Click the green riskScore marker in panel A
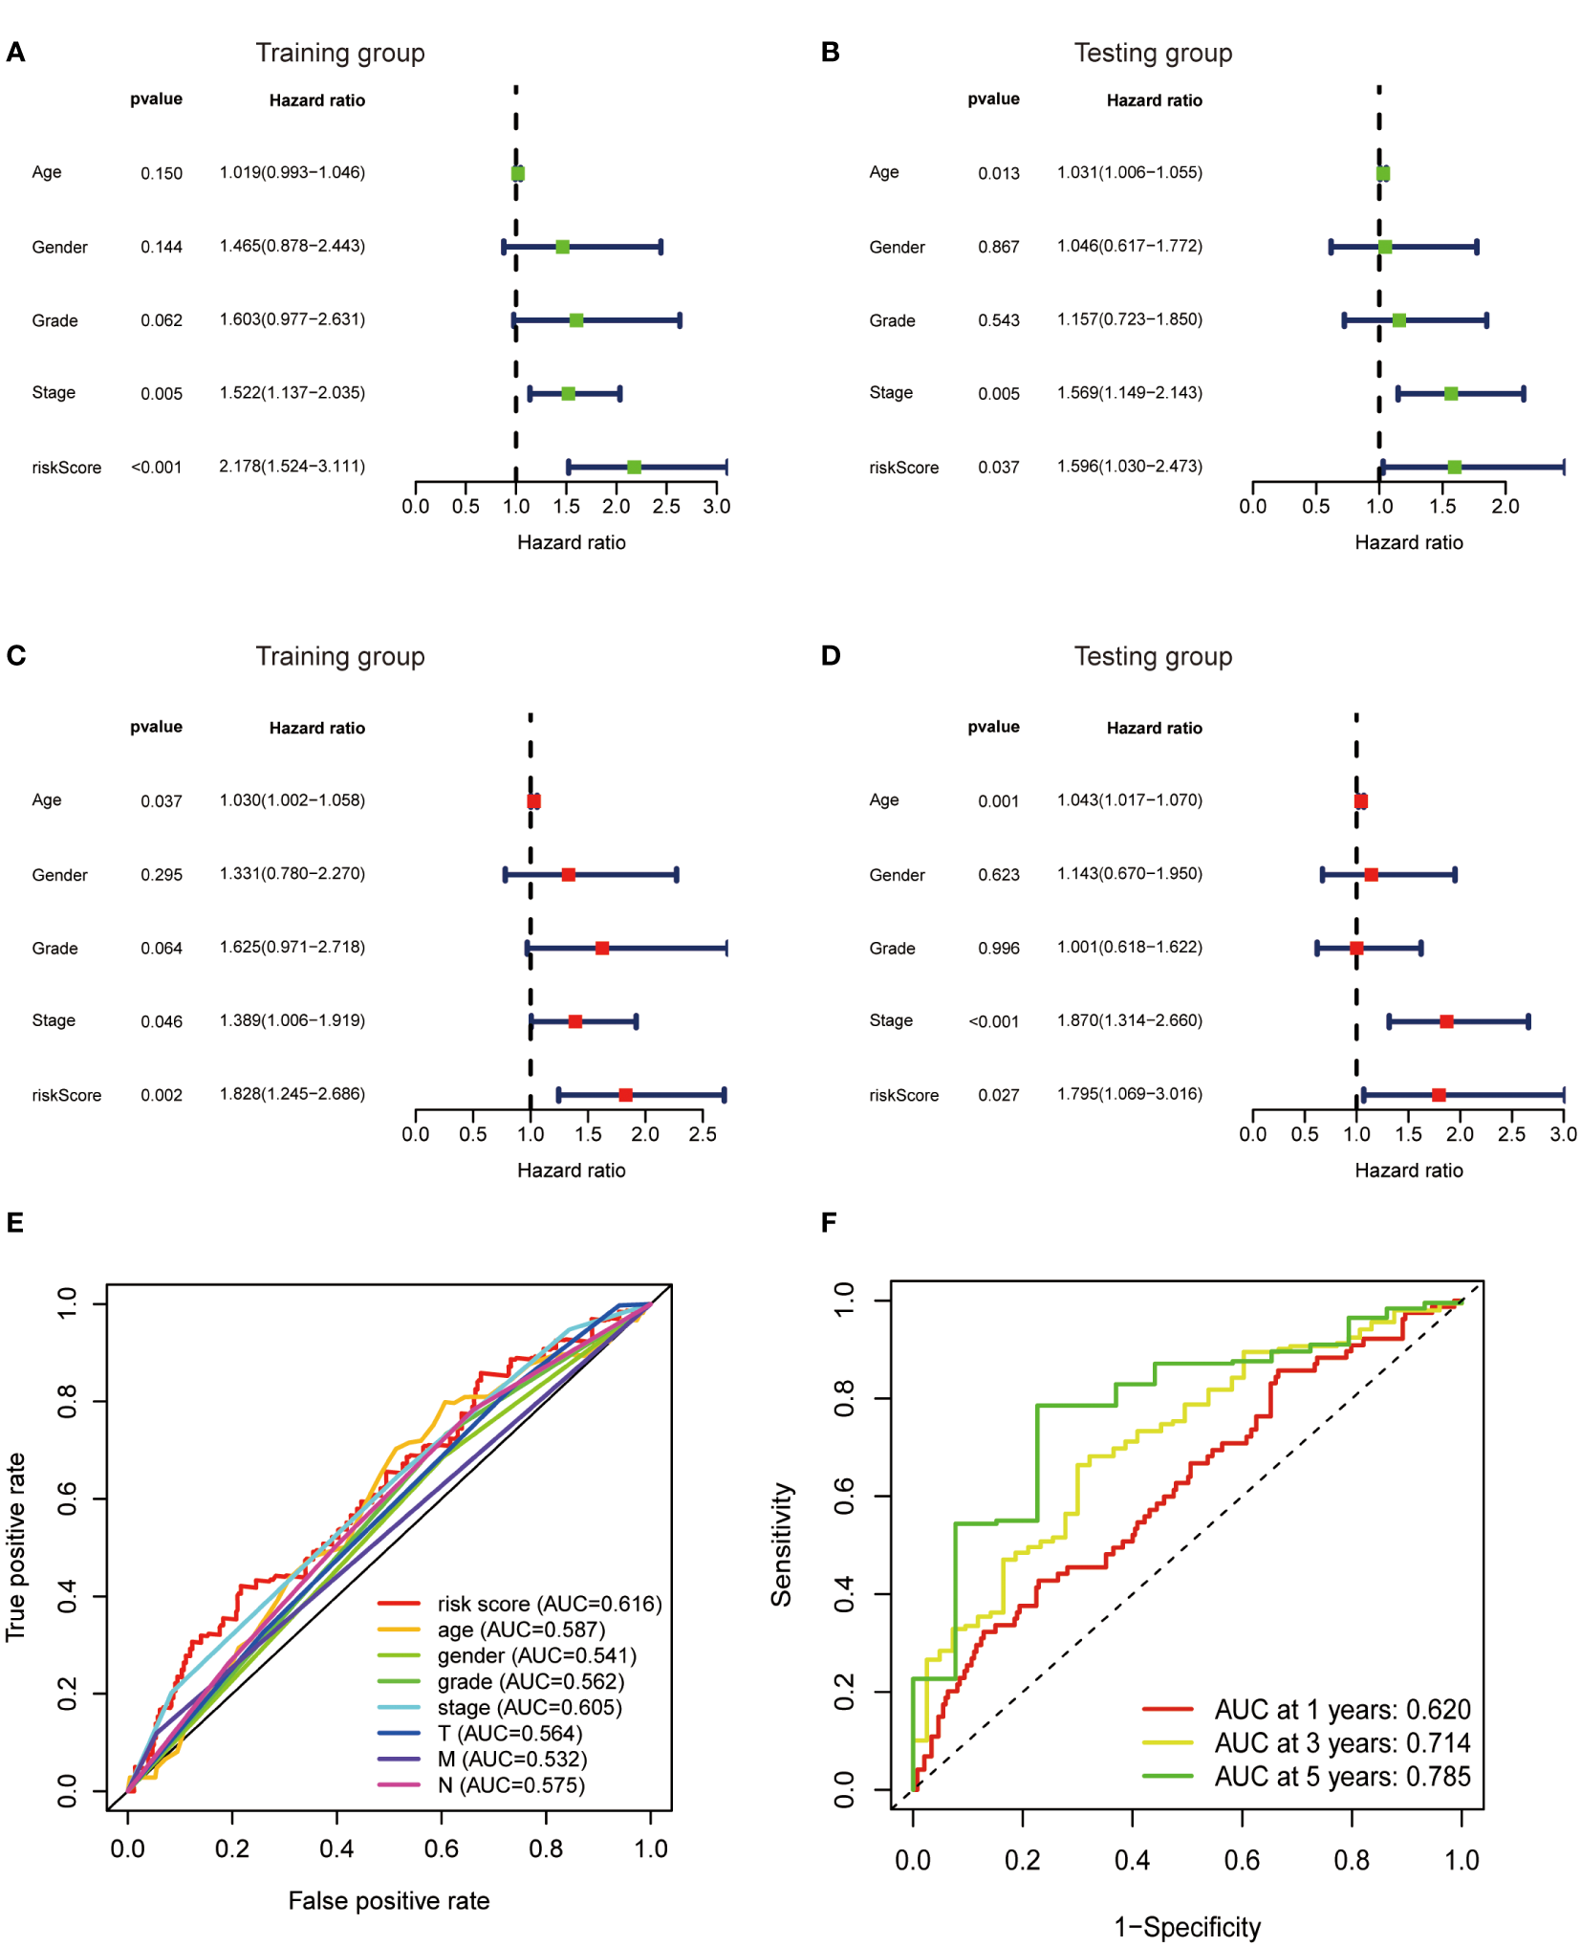coord(634,467)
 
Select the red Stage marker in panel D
coord(1446,1021)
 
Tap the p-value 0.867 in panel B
coord(998,247)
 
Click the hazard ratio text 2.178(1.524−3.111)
coord(292,467)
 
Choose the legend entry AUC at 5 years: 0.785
coord(1341,1776)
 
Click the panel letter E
coord(14,1222)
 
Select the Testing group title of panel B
coord(1153,53)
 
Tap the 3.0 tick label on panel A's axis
coord(716,507)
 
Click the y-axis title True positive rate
coord(15,1546)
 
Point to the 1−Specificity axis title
coord(1186,1926)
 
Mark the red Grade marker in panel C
coord(602,948)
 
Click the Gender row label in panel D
coord(897,875)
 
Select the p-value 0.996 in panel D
coord(998,949)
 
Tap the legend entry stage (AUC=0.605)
coord(529,1707)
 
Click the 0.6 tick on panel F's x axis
coord(1242,1860)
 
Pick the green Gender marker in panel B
coord(1385,247)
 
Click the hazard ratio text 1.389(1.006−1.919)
coord(292,1020)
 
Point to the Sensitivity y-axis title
coord(782,1544)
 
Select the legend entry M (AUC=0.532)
coord(511,1759)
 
